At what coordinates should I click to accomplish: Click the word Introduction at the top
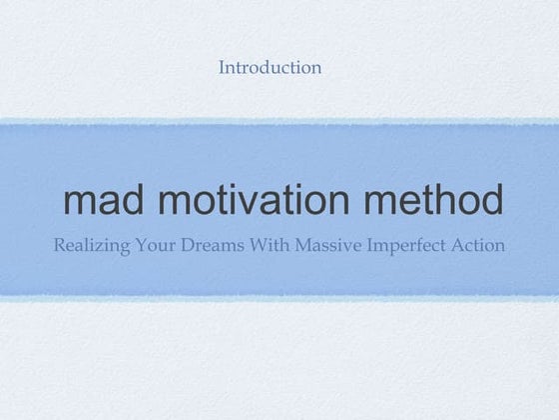click(270, 68)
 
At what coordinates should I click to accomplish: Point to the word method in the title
click(433, 201)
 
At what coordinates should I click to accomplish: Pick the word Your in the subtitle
click(160, 245)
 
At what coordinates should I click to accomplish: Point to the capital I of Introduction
click(222, 68)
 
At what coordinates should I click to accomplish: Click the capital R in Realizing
click(60, 245)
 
